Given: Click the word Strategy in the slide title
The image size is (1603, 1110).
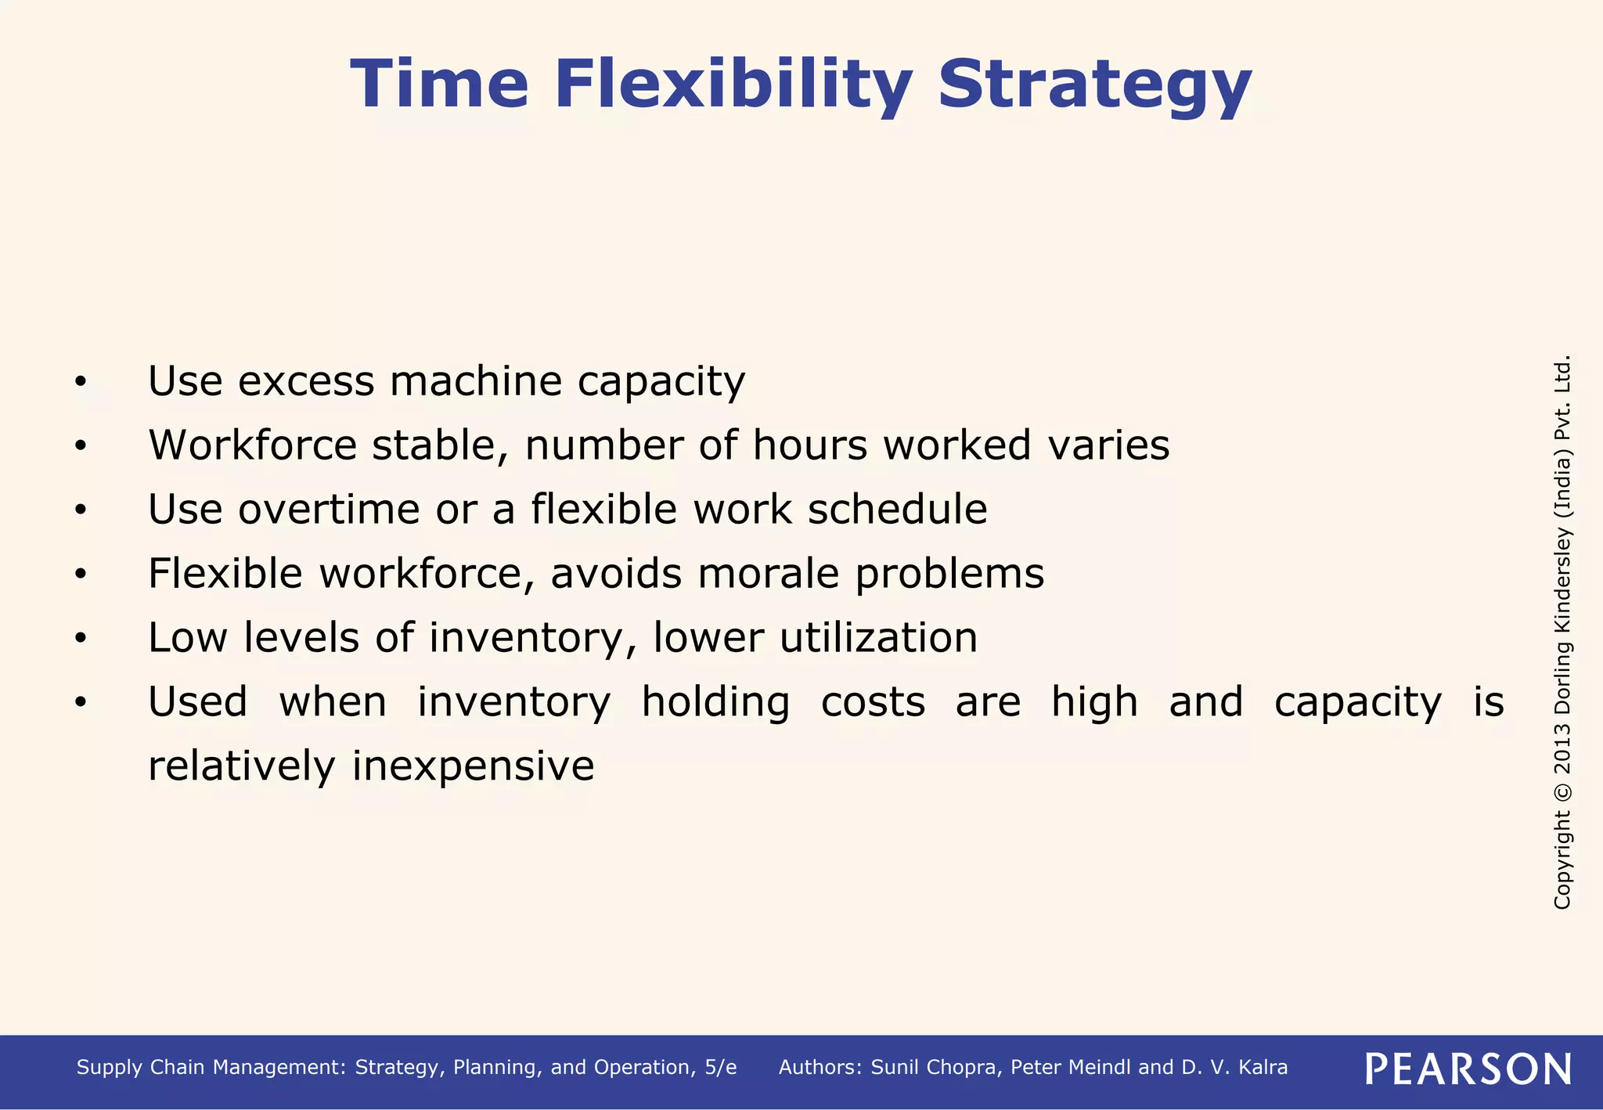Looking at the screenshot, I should (1094, 86).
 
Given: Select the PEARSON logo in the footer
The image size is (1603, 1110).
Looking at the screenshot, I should (1468, 1069).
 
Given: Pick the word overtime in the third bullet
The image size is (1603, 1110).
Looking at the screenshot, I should (329, 510).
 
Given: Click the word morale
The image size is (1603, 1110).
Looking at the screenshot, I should (768, 574).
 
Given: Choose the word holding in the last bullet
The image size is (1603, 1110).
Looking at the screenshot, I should (715, 702).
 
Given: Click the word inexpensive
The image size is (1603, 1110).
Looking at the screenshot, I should (473, 766).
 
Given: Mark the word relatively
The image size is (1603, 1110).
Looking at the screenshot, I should (241, 766).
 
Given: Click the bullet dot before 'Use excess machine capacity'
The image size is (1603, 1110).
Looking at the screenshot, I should (80, 383).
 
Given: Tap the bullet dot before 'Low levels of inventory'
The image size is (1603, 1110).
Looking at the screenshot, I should (80, 640).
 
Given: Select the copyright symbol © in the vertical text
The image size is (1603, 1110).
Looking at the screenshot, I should (1562, 791).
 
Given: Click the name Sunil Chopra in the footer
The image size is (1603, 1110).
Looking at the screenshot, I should (936, 1068).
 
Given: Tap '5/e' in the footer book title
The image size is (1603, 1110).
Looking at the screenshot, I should (720, 1068).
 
